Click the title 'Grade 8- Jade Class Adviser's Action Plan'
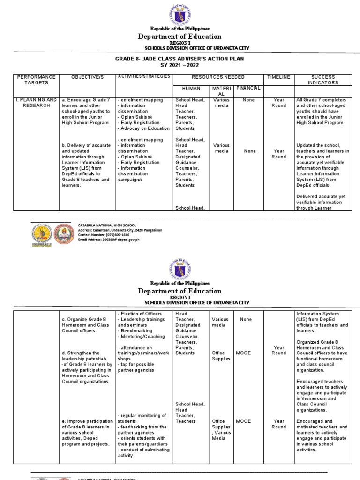(x=180, y=59)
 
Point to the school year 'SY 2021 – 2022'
(x=180, y=66)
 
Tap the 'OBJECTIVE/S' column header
(x=87, y=77)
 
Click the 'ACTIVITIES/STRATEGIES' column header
(x=143, y=76)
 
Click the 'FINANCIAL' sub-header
(x=248, y=88)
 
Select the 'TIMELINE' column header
(x=278, y=77)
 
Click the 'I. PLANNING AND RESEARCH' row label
(x=36, y=103)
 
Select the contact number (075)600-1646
(x=105, y=234)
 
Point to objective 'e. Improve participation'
(x=87, y=432)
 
